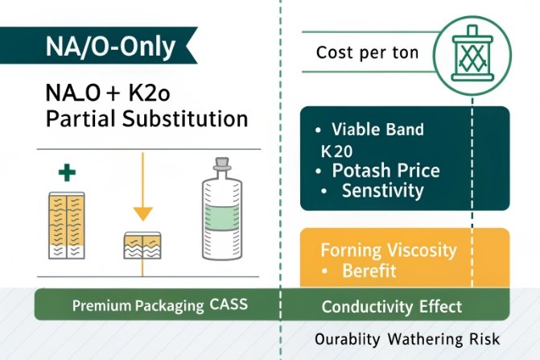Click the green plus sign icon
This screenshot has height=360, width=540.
pyautogui.click(x=67, y=172)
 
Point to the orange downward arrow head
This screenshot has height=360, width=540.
pyautogui.click(x=142, y=213)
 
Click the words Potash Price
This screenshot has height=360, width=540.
pyautogui.click(x=386, y=171)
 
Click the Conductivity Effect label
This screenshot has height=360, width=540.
pyautogui.click(x=391, y=306)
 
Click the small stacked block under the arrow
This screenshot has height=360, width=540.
pyautogui.click(x=142, y=245)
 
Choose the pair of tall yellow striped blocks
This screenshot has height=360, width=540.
pyautogui.click(x=67, y=225)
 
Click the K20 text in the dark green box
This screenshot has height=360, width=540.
pyautogui.click(x=337, y=151)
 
